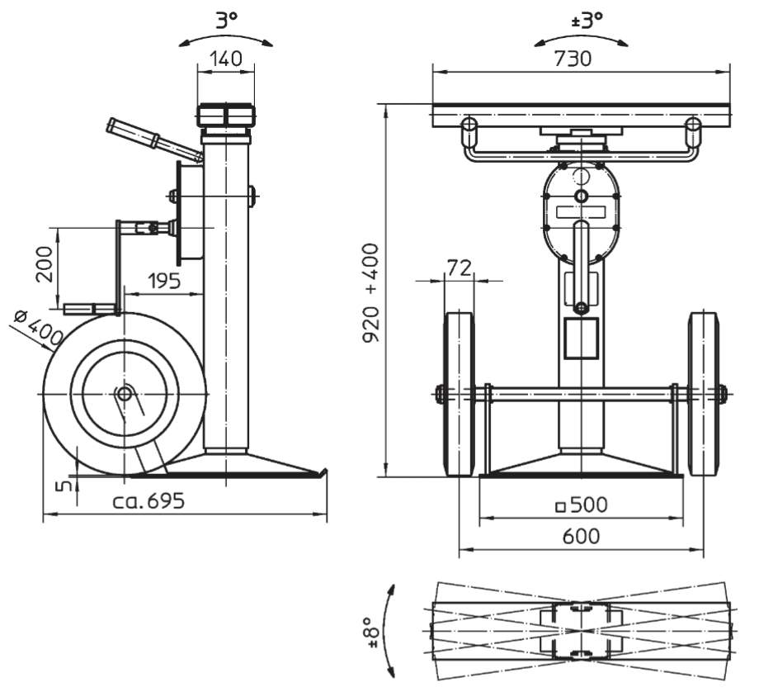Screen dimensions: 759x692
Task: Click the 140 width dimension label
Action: pos(226,59)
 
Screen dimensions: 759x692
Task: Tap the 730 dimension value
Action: pos(573,59)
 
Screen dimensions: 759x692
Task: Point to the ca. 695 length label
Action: pos(148,500)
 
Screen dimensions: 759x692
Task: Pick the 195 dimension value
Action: pos(163,281)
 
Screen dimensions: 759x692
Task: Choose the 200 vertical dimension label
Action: pos(45,264)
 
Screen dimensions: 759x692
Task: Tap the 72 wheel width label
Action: pos(459,268)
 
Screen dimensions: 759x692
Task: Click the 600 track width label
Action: pos(581,537)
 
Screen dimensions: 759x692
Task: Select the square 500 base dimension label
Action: pos(581,505)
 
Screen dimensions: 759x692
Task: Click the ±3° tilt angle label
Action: pos(587,21)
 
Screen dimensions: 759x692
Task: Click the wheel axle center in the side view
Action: pos(125,394)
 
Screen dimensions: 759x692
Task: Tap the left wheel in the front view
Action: pos(459,394)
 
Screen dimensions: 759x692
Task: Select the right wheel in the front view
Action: pos(704,394)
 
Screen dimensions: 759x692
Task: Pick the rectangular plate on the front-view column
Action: pos(582,339)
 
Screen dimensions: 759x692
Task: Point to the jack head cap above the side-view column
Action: pos(225,115)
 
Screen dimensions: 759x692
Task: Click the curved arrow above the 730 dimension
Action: pos(581,37)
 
